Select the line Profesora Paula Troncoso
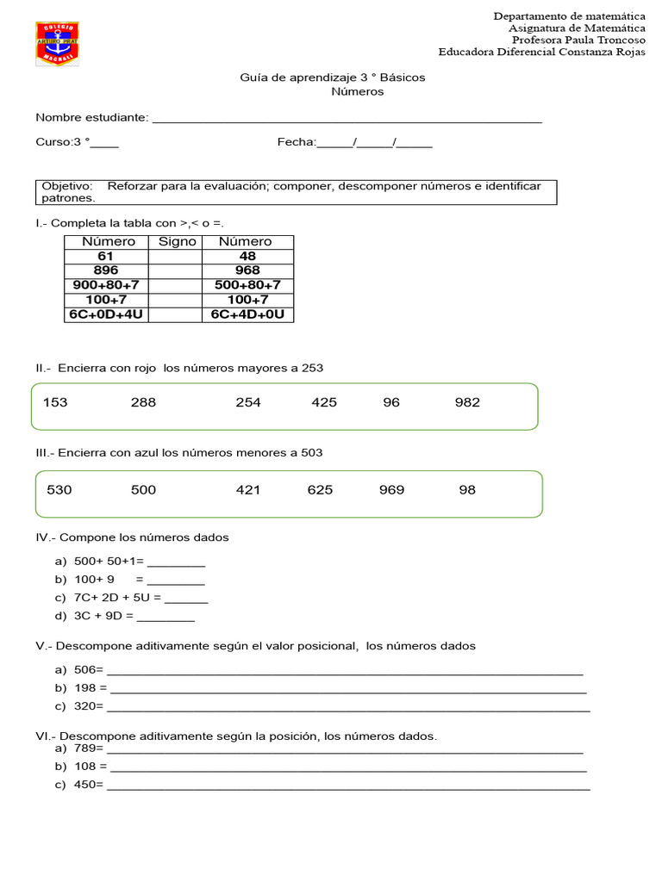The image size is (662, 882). (578, 40)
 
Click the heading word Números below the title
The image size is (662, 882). (358, 91)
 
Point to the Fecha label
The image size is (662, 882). (296, 142)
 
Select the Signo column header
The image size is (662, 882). (177, 242)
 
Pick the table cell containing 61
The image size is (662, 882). (106, 257)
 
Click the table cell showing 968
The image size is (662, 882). (247, 270)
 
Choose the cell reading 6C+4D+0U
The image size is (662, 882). (247, 314)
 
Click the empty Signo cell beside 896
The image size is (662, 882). (175, 270)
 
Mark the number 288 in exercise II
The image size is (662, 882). (143, 402)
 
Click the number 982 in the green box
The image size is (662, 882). (467, 402)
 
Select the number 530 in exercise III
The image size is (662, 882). (59, 490)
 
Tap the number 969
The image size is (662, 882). (391, 490)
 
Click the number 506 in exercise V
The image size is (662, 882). (87, 670)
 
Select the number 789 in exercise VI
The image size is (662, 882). (87, 748)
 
